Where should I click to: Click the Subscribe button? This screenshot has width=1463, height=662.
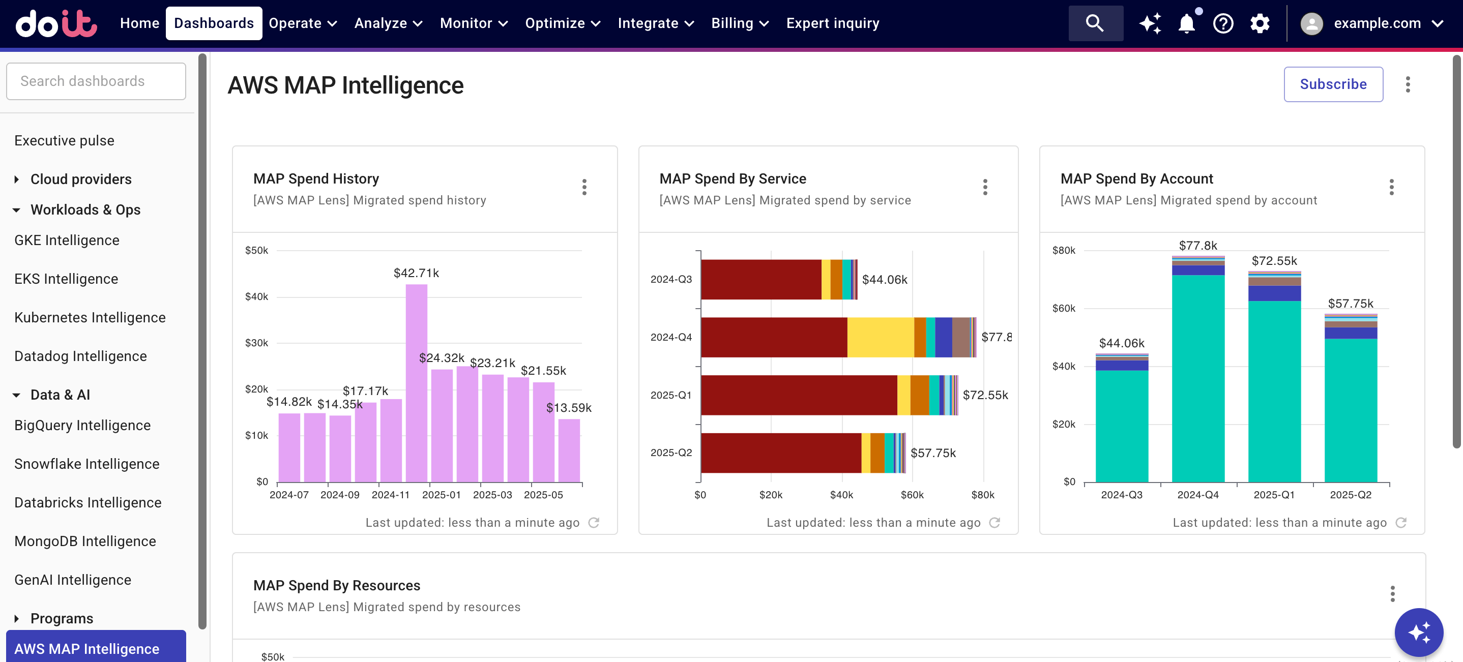coord(1333,84)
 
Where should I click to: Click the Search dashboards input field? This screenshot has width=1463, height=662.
coord(96,81)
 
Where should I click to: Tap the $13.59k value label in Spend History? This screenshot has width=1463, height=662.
coord(569,408)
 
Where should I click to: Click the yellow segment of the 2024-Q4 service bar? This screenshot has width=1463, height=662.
coord(881,337)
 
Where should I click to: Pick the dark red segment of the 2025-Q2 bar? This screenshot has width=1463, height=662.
coord(780,453)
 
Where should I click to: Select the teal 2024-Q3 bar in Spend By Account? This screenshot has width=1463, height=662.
coord(1122,426)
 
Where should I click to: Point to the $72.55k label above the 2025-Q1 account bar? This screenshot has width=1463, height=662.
coord(1274,261)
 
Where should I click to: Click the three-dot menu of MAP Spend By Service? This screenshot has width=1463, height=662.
coord(985,187)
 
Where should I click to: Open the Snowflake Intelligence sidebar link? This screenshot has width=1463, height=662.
coord(86,464)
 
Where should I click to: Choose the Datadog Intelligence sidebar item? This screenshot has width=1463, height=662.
coord(80,356)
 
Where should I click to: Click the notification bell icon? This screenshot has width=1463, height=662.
coord(1186,23)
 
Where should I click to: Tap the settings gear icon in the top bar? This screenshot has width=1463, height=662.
coord(1259,23)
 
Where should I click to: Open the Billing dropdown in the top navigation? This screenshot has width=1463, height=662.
coord(740,23)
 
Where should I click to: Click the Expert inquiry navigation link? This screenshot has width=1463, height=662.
coord(832,23)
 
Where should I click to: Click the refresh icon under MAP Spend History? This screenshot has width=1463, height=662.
coord(594,522)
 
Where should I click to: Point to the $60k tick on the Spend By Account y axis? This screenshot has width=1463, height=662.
coord(1063,308)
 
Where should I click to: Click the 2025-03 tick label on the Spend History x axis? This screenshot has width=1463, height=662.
coord(492,495)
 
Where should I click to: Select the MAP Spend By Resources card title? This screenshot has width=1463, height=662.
coord(336,585)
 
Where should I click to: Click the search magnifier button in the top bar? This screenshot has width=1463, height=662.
coord(1095,23)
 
